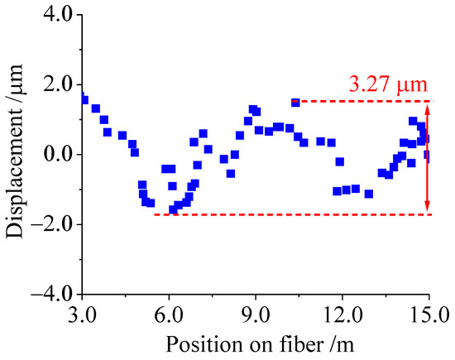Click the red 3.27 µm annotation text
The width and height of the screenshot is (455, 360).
click(x=385, y=84)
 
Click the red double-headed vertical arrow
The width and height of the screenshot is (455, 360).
click(x=428, y=157)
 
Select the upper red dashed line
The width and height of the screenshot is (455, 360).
click(x=364, y=102)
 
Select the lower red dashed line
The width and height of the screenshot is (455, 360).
click(x=290, y=214)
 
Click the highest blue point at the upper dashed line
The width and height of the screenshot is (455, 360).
click(x=295, y=103)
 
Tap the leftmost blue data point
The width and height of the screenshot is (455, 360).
click(x=84, y=100)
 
